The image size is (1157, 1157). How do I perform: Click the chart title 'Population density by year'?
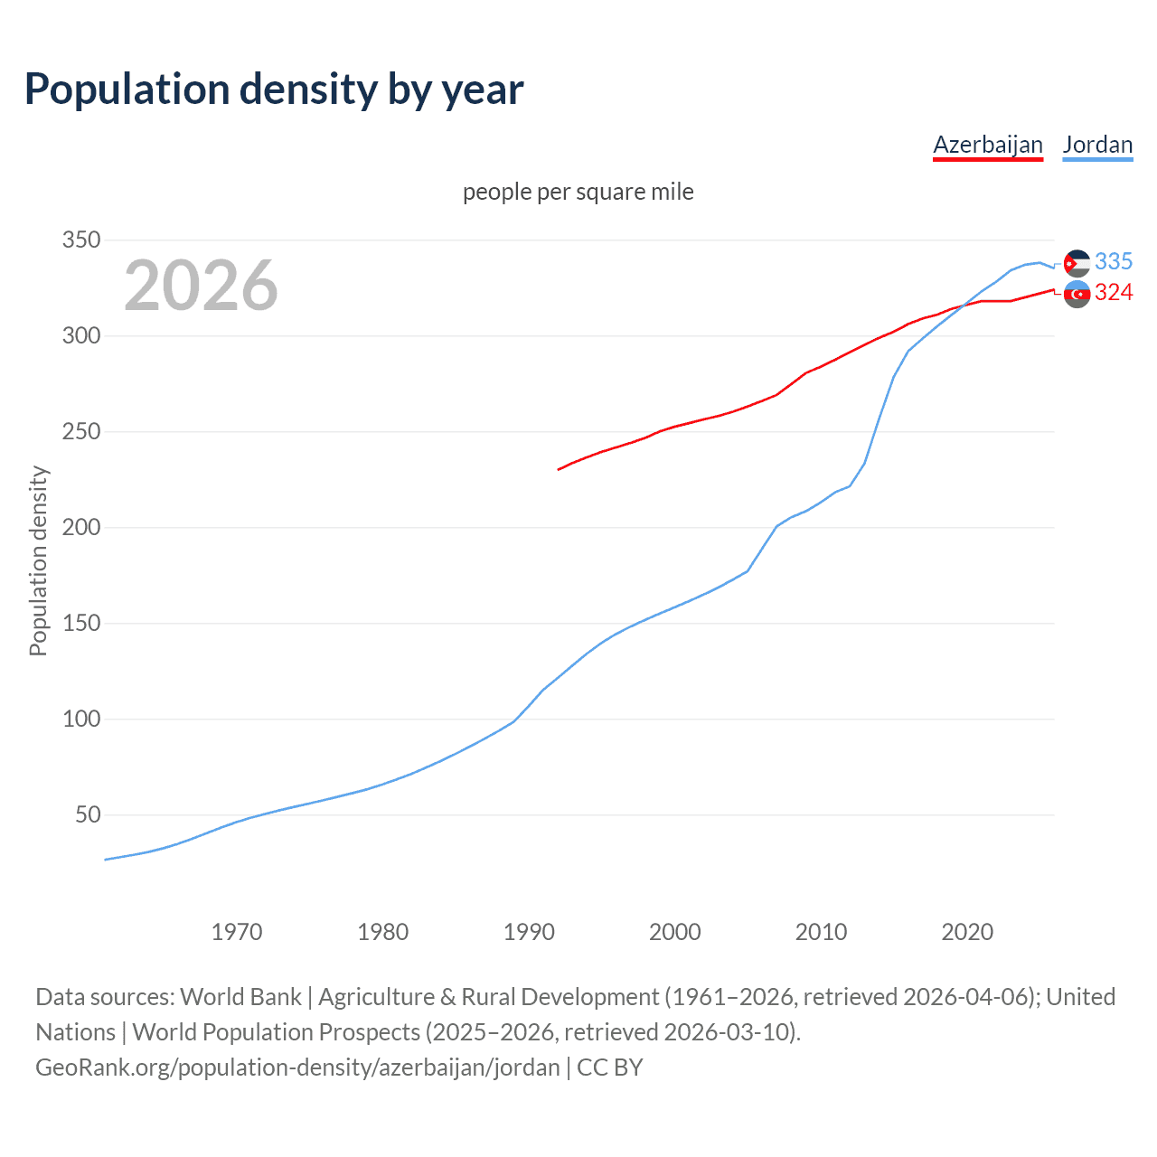point(274,89)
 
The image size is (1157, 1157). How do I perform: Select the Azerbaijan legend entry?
point(987,146)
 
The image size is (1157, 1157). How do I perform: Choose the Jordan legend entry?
point(1097,146)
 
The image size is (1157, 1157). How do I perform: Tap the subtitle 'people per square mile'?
point(578,192)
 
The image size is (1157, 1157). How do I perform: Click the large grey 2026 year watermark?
point(201,286)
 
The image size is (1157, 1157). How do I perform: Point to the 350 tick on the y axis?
point(80,240)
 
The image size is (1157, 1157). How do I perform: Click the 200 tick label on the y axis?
point(80,528)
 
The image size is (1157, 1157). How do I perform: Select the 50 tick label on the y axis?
point(87,815)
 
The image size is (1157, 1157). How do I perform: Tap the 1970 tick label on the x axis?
point(237,931)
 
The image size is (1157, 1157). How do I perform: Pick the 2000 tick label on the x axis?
point(675,931)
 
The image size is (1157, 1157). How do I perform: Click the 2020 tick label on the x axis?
point(967,931)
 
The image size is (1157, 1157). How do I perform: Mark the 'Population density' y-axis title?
point(38,560)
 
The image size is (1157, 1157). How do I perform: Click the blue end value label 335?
point(1114,261)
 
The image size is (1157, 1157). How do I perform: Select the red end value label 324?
point(1114,292)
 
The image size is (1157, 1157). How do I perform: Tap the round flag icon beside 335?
point(1077,263)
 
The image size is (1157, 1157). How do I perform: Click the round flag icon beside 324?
point(1077,294)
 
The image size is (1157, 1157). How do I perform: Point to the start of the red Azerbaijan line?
point(559,469)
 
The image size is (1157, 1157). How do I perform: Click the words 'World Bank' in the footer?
point(240,996)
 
